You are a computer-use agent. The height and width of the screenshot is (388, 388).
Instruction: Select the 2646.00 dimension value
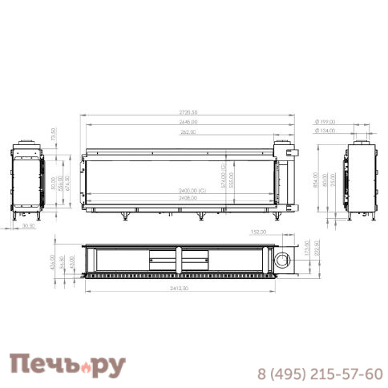tap(189, 122)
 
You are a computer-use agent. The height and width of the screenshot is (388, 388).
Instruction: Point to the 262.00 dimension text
tap(189, 131)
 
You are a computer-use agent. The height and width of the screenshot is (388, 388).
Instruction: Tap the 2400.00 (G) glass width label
tap(192, 189)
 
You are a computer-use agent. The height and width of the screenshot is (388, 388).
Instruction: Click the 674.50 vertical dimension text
tap(67, 184)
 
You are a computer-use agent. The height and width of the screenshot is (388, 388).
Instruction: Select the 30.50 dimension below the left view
tap(29, 225)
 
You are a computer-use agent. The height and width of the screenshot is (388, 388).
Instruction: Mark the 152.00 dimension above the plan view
tap(258, 232)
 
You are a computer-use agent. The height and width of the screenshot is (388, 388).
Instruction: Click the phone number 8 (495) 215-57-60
tap(319, 374)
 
